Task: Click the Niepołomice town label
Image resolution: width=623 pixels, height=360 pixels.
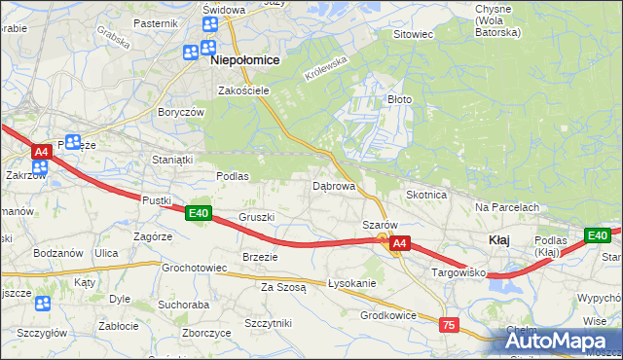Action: (244, 60)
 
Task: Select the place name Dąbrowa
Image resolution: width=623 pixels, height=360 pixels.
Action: (333, 185)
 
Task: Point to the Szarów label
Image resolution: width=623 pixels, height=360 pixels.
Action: (380, 225)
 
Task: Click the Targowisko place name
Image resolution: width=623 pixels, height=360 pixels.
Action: (458, 274)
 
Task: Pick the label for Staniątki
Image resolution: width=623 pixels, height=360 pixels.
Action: (174, 158)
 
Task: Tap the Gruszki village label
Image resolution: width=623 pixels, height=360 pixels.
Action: (257, 217)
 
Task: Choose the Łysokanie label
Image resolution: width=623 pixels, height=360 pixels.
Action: (352, 283)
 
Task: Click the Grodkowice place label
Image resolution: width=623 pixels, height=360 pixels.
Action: (388, 315)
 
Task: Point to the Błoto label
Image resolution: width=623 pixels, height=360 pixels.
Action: (400, 99)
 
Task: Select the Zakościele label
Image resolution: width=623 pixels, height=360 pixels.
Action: (242, 90)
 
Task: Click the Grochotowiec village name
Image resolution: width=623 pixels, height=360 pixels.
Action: (194, 267)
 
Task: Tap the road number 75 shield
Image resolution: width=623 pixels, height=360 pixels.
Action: (449, 324)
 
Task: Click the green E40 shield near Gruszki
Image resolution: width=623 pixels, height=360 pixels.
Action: (199, 214)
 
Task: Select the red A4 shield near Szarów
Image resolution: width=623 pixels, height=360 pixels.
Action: (400, 247)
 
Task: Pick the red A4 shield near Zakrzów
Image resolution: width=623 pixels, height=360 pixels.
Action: (41, 152)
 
